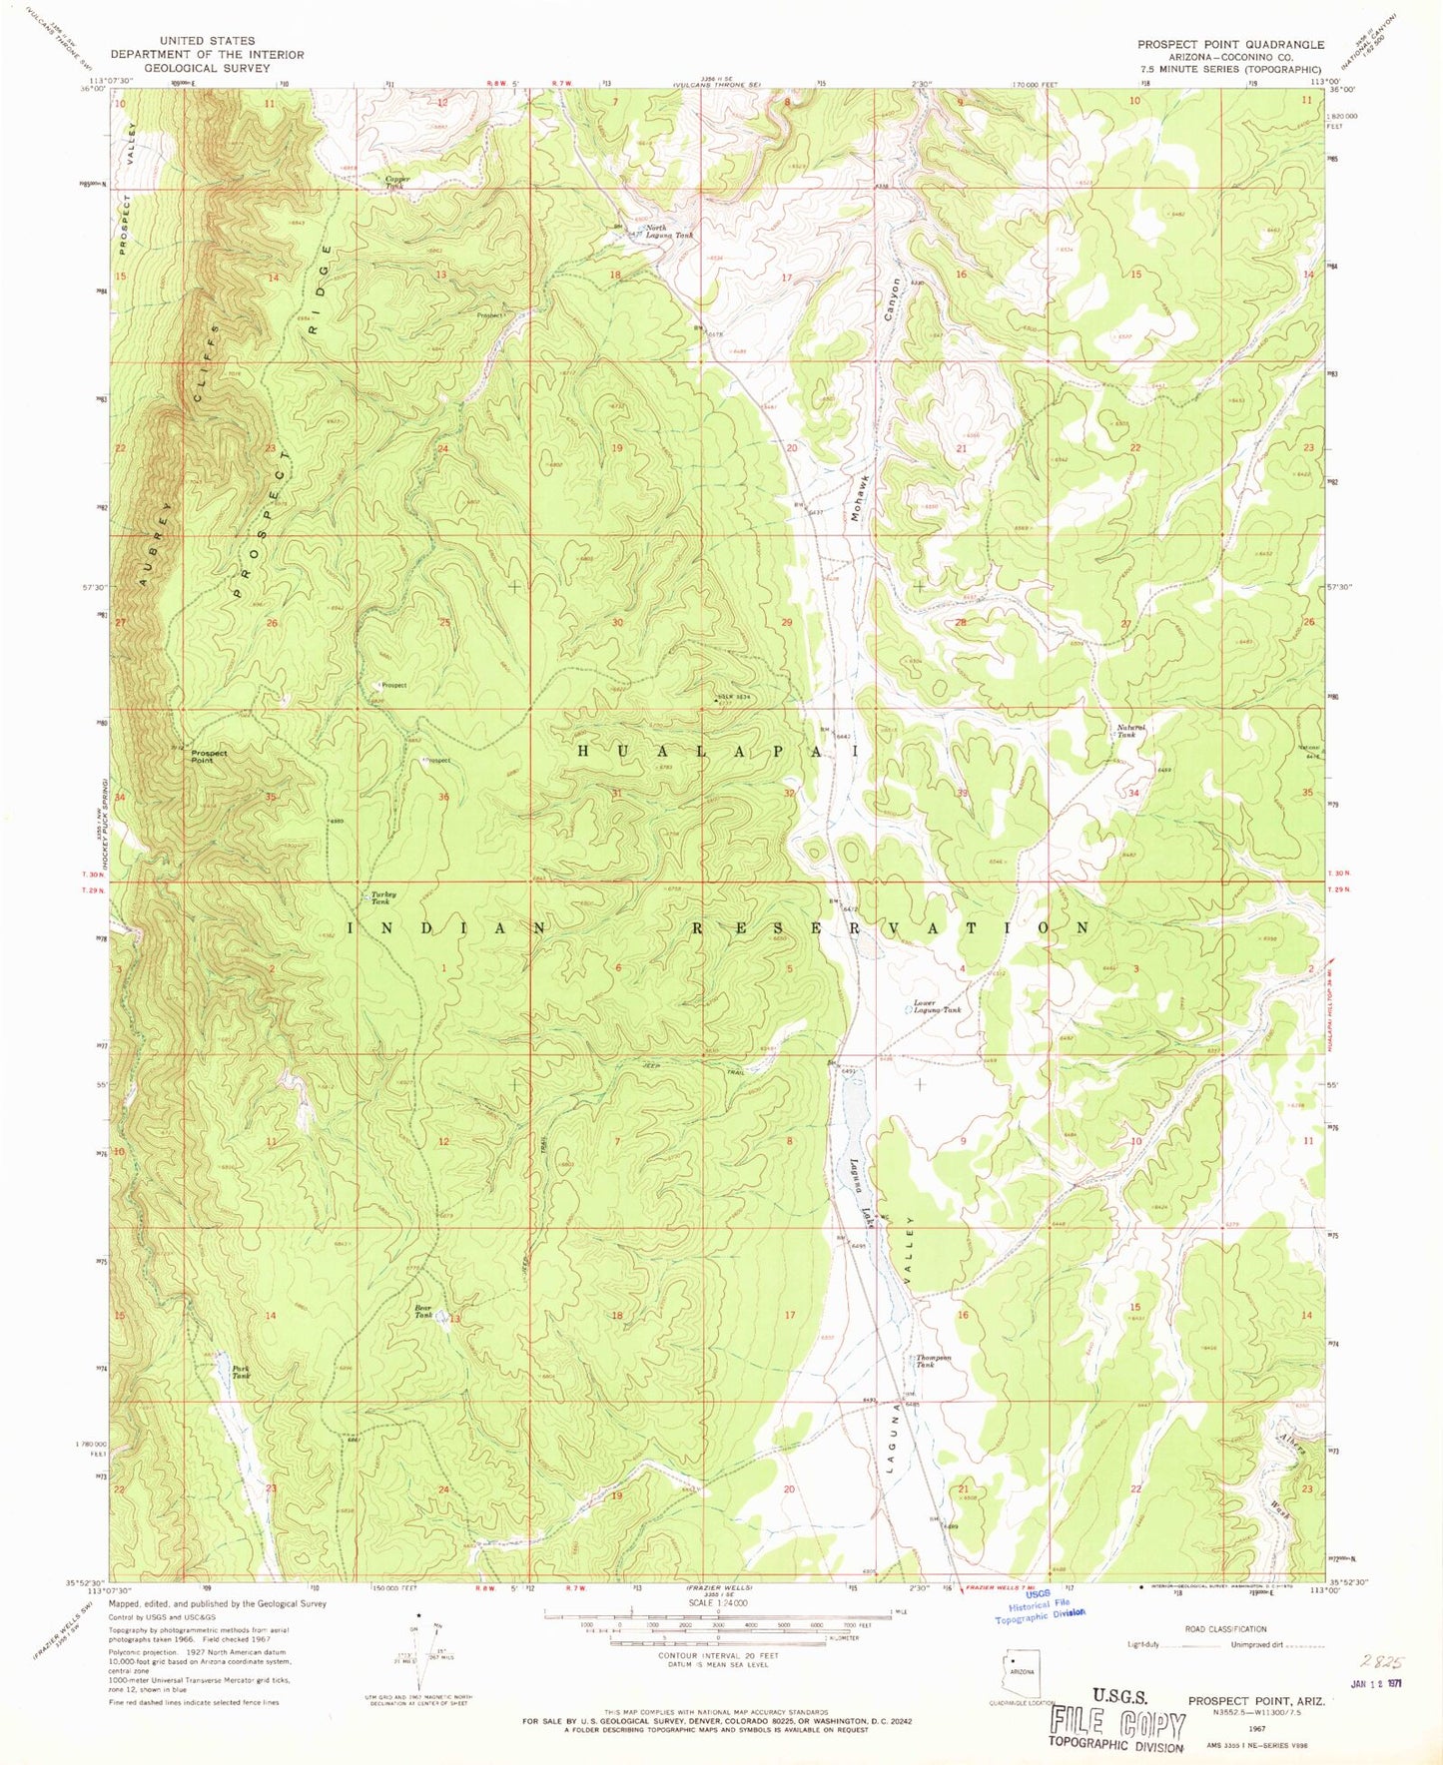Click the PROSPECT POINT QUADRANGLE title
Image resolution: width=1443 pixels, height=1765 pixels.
[1230, 45]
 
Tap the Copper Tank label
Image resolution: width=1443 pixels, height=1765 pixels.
[397, 183]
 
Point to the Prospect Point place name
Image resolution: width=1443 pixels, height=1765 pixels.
[209, 756]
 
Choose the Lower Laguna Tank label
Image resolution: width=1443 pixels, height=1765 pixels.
[937, 1006]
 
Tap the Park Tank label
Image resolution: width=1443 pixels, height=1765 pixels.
[241, 1372]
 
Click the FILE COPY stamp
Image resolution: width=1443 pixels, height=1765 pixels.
[1116, 1724]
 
